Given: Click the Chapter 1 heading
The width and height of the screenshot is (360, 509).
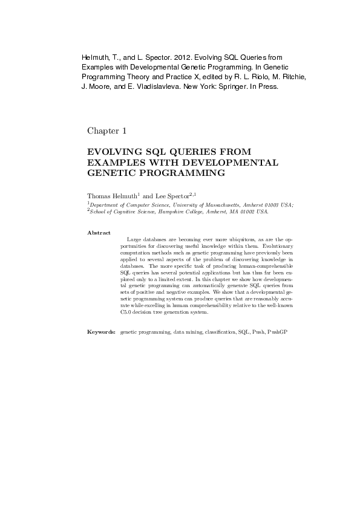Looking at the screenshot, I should coord(106,131).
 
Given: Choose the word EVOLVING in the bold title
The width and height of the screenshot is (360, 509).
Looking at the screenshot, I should coord(114,151).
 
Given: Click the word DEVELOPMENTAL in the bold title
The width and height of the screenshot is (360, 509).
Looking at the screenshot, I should coord(238,162).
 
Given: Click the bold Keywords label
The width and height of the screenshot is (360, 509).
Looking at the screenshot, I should coord(101,332).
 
